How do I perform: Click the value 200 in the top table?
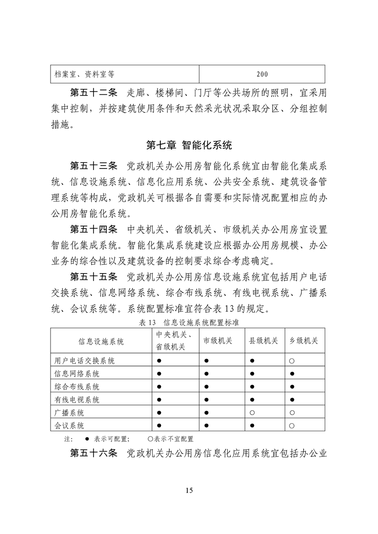point(262,74)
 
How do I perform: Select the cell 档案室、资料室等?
point(83,74)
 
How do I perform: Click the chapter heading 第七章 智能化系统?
point(189,144)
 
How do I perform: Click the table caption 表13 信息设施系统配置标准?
point(189,322)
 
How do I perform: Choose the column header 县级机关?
point(264,341)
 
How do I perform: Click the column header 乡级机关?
point(304,341)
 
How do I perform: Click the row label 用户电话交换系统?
point(84,361)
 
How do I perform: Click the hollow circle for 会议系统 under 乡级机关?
point(291,425)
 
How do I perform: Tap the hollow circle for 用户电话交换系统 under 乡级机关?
point(291,361)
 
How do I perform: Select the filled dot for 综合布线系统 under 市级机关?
point(206,386)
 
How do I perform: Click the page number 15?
point(189,491)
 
